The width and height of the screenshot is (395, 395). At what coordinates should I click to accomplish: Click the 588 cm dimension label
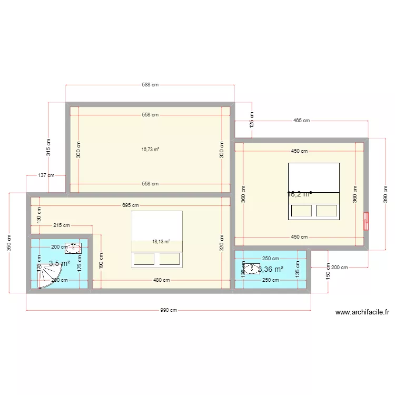coord(150,84)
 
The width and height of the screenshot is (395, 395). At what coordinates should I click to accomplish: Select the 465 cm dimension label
coord(301,121)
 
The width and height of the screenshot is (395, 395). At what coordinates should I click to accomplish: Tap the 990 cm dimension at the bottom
coord(169,310)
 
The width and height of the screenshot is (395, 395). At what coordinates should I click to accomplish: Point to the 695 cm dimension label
coord(131,205)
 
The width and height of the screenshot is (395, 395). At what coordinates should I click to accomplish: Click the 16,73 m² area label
coord(150,149)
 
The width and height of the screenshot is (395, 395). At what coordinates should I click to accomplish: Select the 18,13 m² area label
coord(161,242)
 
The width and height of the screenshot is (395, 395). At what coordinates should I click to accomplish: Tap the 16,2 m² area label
coord(299,194)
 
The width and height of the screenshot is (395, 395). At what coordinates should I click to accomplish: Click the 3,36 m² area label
coord(271,269)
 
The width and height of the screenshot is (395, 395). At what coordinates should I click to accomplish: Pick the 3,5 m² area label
coord(60,263)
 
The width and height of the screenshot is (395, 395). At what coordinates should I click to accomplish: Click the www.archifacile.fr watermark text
coord(362,312)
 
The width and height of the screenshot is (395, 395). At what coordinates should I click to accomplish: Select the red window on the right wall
coord(366,221)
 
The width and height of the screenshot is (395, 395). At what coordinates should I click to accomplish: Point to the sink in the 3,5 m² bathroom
coord(73,248)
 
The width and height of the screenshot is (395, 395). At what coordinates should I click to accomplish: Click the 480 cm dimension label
coord(161,280)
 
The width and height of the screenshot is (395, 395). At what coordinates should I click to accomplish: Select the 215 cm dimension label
coord(62,225)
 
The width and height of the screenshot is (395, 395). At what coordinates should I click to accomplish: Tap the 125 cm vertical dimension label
coord(252,121)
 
